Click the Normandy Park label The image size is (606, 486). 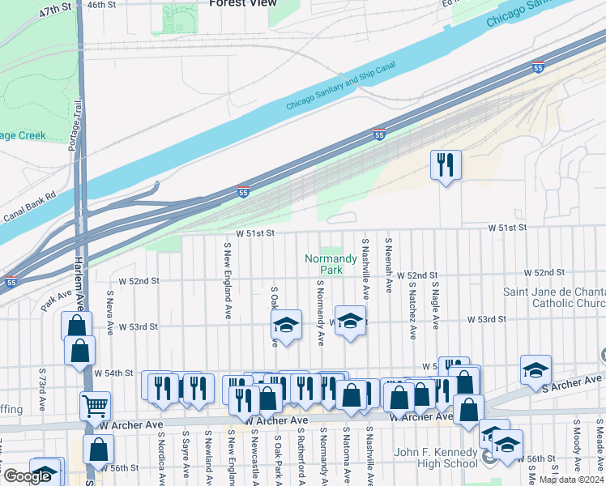point(331,263)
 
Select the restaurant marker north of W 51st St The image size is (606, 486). point(445,165)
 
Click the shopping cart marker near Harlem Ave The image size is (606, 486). point(96,405)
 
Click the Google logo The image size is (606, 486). point(27,476)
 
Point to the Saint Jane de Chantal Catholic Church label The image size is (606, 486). point(554,297)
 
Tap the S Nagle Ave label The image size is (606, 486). point(435,305)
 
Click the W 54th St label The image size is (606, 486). point(113,373)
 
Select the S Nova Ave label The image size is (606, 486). point(110,316)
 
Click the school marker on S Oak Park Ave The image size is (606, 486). point(286,326)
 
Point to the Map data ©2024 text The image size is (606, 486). point(572,480)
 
